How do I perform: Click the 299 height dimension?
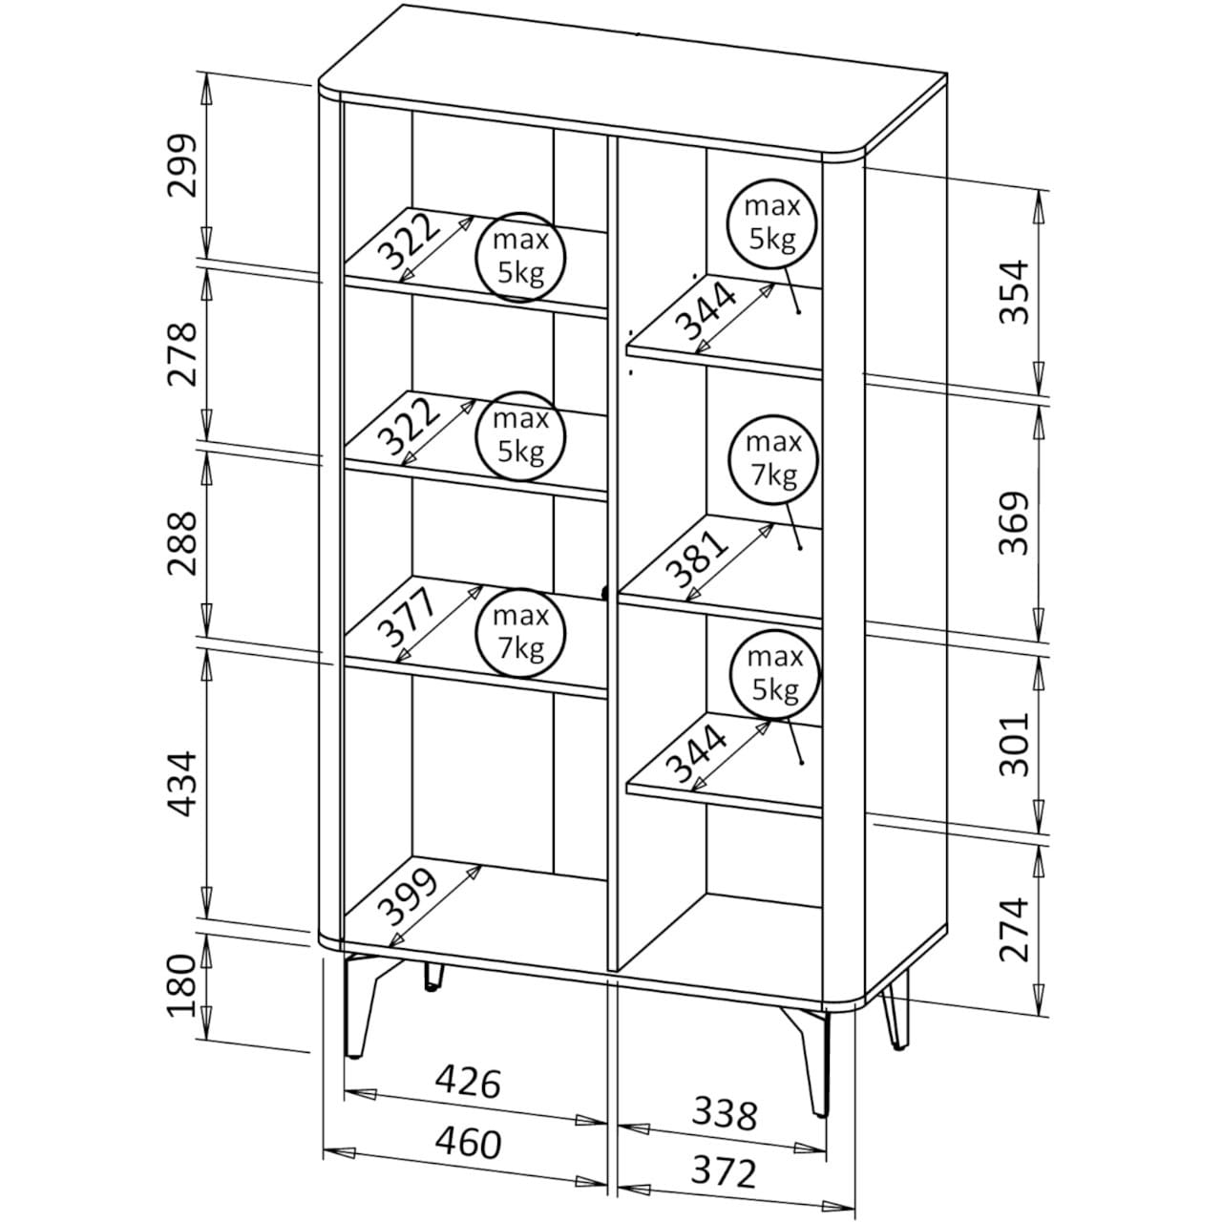coord(180,165)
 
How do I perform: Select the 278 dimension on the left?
coord(180,353)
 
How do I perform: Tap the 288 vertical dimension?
coord(180,542)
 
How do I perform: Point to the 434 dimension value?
coord(180,783)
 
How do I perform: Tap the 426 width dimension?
coord(468,1083)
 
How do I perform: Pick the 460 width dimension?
coord(468,1143)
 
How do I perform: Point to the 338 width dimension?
coord(725,1113)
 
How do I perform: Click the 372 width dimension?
coord(725,1171)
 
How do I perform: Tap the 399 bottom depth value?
coord(408,896)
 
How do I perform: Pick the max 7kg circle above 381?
coord(772,458)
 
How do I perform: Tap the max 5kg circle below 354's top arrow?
coord(772,222)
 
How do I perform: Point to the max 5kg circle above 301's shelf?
coord(774,673)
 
